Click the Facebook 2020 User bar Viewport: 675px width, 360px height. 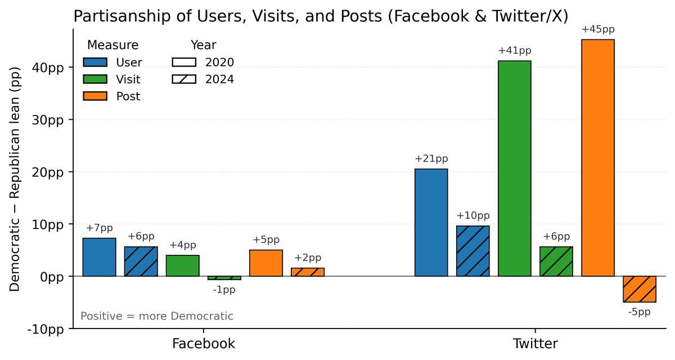(x=100, y=257)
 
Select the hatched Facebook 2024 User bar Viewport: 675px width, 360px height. (x=141, y=262)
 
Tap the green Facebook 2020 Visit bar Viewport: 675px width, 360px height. (x=183, y=265)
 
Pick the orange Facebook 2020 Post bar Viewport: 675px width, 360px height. (x=266, y=263)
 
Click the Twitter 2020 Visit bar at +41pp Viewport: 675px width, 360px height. (x=515, y=169)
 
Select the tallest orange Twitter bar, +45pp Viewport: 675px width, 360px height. (x=598, y=158)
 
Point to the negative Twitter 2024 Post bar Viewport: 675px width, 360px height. (x=640, y=289)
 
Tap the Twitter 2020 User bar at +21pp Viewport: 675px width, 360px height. (x=431, y=223)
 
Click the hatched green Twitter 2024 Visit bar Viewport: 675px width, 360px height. (x=556, y=262)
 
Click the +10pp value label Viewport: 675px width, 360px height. (x=473, y=216)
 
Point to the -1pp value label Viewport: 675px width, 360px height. (x=224, y=290)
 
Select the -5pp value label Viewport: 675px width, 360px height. (x=640, y=312)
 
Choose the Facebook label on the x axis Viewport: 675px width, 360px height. (x=203, y=344)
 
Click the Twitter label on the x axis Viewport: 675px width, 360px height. (x=535, y=344)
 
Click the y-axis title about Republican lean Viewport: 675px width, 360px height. (x=15, y=179)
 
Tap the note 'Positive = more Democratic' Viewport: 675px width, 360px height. (x=157, y=316)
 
